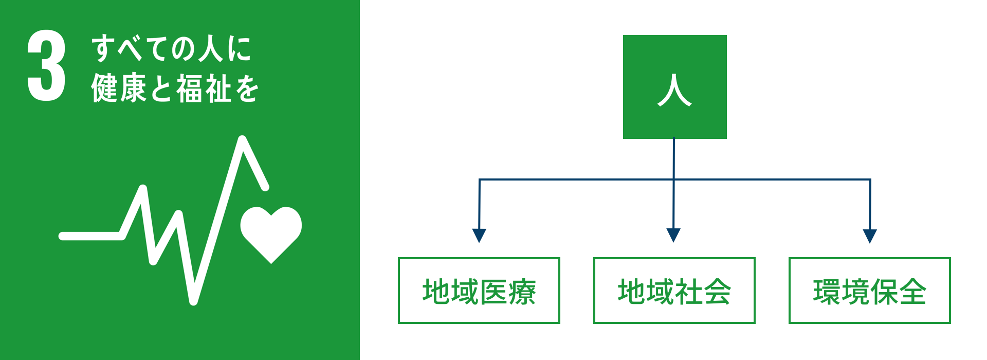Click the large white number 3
[x=47, y=65]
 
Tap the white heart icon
[x=271, y=232]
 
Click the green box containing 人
[x=674, y=86]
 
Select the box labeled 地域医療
[x=479, y=291]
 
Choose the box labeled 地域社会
[x=674, y=291]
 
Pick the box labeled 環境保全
[x=869, y=291]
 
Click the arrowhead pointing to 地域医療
[x=479, y=235]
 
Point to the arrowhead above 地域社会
[x=673, y=235]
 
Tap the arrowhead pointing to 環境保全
[x=869, y=236]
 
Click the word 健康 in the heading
[x=119, y=88]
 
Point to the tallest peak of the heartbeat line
[x=243, y=140]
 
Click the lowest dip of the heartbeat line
[x=193, y=300]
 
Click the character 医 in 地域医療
[x=493, y=292]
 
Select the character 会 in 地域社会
[x=717, y=292]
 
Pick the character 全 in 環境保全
[x=912, y=292]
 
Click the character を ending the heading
[x=247, y=88]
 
